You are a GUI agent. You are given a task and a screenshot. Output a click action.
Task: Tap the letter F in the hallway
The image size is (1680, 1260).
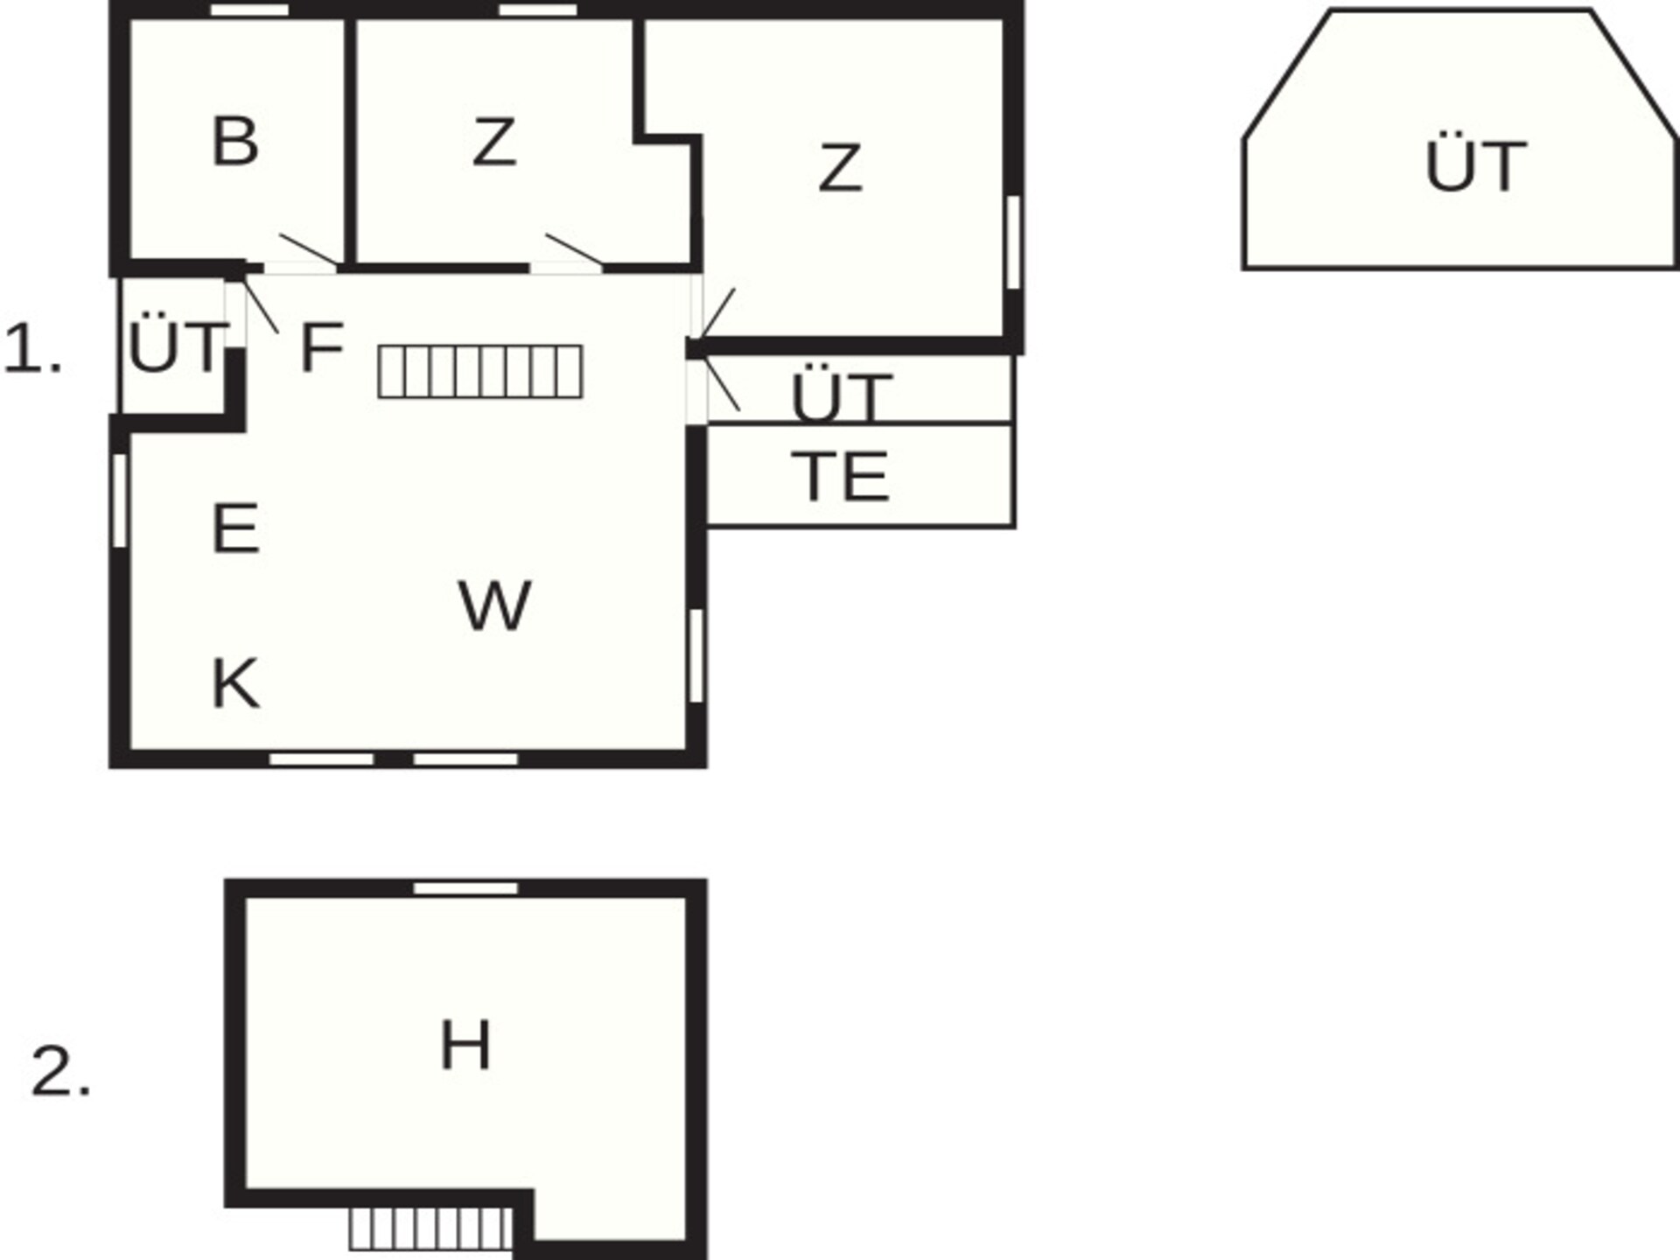321,347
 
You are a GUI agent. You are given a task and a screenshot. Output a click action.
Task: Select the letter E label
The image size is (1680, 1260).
235,528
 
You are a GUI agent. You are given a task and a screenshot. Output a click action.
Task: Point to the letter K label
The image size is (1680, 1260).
235,683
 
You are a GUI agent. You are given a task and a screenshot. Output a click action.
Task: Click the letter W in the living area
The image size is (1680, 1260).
494,605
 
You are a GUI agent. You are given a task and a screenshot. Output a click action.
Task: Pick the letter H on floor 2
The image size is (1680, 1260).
465,1045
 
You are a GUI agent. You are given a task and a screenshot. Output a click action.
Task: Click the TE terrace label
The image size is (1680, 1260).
840,477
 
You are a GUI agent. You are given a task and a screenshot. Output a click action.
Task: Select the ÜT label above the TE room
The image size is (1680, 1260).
841,395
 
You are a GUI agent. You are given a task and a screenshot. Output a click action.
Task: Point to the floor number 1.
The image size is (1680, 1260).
33,349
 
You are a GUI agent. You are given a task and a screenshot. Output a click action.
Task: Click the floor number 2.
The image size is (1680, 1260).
61,1071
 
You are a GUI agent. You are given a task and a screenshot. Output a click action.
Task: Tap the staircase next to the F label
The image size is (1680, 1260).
480,372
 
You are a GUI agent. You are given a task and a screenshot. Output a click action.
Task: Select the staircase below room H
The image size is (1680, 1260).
430,1229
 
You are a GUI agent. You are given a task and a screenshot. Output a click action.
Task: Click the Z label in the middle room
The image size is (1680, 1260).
493,142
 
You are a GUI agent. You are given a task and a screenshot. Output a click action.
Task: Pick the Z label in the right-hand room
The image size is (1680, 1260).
840,168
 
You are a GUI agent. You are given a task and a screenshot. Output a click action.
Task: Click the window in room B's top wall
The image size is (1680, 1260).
250,10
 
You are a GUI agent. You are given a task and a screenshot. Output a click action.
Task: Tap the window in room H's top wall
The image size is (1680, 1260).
465,888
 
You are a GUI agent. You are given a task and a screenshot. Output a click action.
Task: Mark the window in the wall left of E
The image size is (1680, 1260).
120,500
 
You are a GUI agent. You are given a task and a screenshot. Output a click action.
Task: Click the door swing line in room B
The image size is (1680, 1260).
309,249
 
